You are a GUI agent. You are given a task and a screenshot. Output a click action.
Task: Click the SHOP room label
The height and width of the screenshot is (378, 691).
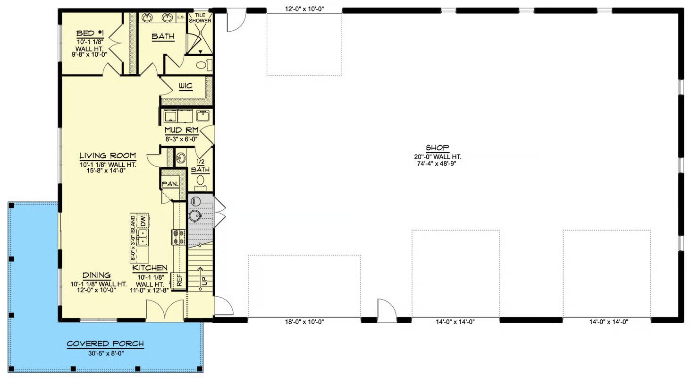tap(438, 147)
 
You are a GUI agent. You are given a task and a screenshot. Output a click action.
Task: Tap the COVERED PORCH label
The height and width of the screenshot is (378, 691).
tap(105, 344)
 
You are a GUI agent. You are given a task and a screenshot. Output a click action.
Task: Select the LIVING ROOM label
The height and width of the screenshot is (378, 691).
tap(108, 155)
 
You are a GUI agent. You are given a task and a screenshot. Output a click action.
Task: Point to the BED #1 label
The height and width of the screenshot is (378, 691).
tap(90, 34)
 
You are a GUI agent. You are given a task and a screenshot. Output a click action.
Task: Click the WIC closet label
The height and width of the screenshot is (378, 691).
tap(185, 86)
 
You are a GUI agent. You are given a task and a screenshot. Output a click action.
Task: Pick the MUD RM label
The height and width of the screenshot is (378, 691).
tap(181, 130)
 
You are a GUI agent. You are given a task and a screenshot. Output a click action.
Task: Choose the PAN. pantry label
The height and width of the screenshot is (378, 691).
tap(170, 184)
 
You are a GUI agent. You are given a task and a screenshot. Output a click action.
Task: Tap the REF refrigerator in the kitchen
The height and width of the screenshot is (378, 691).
tap(179, 281)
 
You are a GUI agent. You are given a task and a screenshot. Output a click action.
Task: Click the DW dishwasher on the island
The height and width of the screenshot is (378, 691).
tap(143, 222)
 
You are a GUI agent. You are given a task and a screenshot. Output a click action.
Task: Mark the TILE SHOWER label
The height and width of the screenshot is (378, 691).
tap(200, 18)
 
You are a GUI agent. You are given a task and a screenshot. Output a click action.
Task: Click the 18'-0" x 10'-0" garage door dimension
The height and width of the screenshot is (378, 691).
tap(304, 322)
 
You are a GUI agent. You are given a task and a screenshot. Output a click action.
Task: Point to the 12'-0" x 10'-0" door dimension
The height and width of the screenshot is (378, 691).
tap(304, 9)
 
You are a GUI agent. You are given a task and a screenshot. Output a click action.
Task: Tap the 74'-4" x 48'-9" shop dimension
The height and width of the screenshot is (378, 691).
tap(437, 163)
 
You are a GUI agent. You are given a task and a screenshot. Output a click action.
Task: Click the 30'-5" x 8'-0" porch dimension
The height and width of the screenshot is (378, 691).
tap(106, 353)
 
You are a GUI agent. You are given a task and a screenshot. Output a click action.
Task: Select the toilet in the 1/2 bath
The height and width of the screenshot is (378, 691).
tap(201, 182)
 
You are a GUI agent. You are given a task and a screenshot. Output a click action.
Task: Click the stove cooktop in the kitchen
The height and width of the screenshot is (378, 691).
tap(179, 237)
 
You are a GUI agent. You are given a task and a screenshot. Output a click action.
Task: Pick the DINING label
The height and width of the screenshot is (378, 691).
tap(97, 275)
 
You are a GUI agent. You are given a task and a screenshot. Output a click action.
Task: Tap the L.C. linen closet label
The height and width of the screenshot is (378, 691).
tap(181, 17)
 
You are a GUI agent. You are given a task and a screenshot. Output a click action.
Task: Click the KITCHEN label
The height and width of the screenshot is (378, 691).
tap(150, 268)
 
